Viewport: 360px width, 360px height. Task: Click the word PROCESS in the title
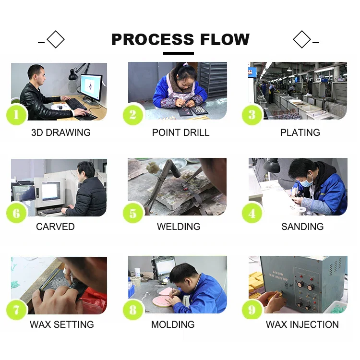[152, 39]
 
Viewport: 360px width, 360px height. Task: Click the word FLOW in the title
[224, 39]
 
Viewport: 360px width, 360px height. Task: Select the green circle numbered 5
[133, 213]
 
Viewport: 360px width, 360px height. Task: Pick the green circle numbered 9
[252, 310]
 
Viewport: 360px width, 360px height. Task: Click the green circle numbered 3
[252, 115]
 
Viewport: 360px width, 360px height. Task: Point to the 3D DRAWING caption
[60, 132]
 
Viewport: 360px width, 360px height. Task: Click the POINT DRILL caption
[180, 132]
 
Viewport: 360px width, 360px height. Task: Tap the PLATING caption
[300, 132]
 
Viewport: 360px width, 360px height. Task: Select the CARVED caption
[55, 227]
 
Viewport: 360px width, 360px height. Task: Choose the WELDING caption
[179, 227]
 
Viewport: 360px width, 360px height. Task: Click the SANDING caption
[302, 227]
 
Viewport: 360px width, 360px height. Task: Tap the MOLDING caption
[173, 324]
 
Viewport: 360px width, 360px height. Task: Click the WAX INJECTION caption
[302, 324]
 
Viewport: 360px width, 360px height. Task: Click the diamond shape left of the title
[56, 39]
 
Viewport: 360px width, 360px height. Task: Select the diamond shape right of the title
[301, 39]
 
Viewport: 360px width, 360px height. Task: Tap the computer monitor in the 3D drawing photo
[91, 86]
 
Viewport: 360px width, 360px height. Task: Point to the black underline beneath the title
[179, 53]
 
